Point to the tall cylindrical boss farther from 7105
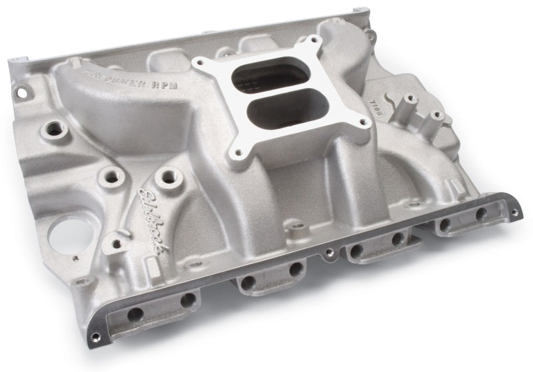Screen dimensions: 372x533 437,116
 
